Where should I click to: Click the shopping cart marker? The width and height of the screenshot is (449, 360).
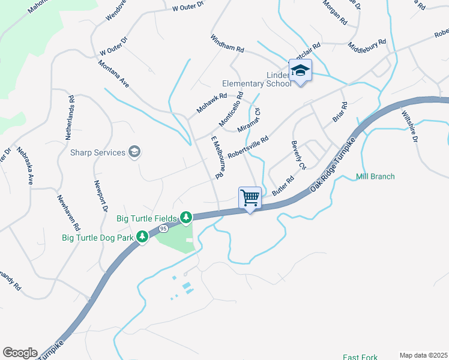click(250, 197)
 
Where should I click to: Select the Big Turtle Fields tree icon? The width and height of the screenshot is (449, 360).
click(186, 217)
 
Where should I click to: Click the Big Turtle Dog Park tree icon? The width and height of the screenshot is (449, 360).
click(142, 237)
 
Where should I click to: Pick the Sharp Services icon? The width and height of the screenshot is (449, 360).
click(135, 152)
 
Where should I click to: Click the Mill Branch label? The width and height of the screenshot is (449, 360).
click(375, 176)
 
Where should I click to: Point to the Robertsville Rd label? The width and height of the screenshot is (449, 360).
click(247, 147)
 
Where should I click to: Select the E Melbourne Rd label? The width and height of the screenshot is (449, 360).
click(217, 158)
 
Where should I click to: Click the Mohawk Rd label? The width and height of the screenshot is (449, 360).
click(212, 103)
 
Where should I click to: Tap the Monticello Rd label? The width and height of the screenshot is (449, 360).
click(231, 109)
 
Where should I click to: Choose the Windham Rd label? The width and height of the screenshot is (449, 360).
click(227, 45)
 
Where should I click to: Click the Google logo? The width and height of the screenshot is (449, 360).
click(20, 353)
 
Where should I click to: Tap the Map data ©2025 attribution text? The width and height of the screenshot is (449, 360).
click(423, 355)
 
